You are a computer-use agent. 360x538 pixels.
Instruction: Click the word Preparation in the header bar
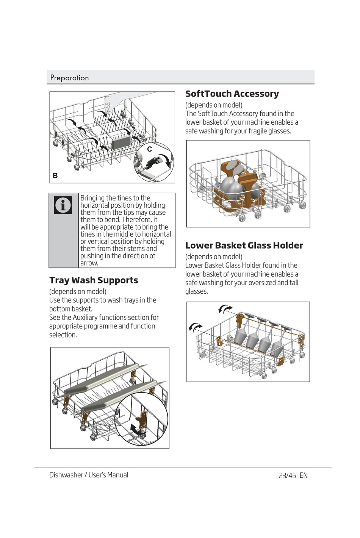click(69, 78)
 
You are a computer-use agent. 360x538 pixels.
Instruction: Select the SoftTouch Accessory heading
click(232, 94)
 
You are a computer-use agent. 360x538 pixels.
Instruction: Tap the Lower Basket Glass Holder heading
click(244, 246)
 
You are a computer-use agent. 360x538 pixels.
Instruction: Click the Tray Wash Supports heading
click(94, 280)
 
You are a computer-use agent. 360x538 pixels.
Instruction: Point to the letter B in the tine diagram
click(55, 176)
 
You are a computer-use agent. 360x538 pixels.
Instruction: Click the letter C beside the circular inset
click(150, 149)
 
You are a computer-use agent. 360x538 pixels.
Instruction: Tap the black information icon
click(63, 205)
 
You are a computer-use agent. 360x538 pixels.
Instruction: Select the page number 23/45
click(287, 475)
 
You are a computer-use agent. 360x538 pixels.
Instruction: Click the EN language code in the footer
click(304, 475)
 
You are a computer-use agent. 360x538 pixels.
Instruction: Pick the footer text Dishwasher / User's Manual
click(89, 475)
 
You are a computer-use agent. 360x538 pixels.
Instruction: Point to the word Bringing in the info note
click(92, 198)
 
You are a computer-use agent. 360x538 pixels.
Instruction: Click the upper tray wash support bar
click(102, 379)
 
